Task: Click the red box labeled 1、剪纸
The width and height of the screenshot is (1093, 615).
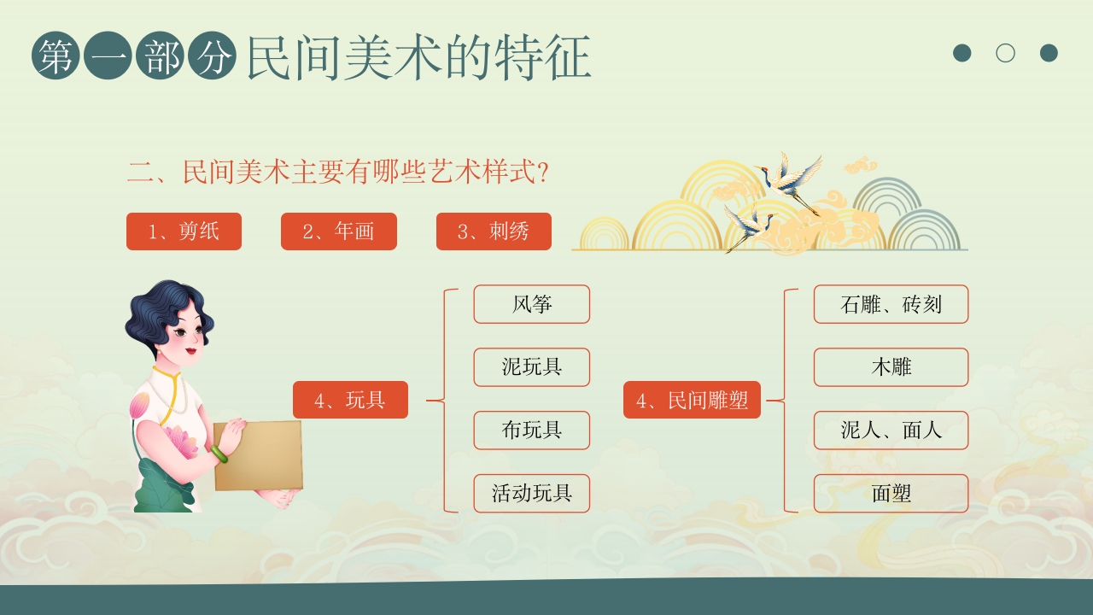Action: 184,231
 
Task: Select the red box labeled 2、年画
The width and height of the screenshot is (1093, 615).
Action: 339,231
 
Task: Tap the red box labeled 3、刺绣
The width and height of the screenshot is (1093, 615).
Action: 494,231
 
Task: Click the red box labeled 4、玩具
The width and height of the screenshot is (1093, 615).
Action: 350,400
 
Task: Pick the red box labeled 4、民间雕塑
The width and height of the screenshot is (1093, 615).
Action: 692,400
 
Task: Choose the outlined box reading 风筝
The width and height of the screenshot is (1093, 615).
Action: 532,304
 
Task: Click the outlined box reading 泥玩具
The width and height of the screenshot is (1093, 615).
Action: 532,367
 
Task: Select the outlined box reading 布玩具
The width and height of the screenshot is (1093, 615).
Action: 532,430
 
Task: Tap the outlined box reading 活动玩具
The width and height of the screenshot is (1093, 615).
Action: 532,494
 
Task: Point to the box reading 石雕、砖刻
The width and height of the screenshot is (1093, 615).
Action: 891,304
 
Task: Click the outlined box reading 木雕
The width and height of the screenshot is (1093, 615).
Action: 891,367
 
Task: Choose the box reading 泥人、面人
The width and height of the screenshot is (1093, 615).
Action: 891,430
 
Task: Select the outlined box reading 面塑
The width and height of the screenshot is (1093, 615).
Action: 891,494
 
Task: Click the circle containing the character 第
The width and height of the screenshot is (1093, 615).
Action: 56,56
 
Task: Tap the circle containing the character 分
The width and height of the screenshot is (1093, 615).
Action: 212,56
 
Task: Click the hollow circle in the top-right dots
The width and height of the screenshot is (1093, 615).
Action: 1006,53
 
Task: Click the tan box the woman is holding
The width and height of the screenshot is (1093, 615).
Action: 259,457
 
